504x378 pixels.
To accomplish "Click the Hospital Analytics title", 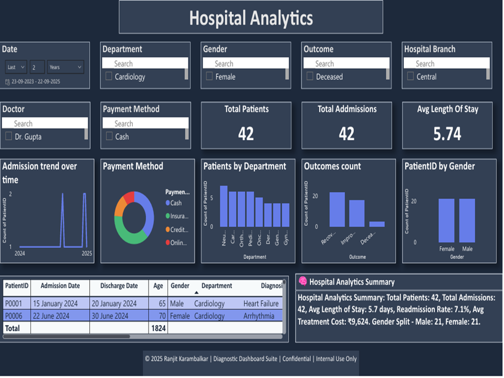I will (251, 18).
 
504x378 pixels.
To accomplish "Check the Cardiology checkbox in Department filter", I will (109, 77).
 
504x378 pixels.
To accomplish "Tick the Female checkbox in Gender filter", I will (209, 77).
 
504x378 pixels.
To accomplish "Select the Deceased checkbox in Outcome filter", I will (310, 77).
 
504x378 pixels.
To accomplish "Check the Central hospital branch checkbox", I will (411, 77).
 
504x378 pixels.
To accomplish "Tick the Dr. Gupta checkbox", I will (8, 136).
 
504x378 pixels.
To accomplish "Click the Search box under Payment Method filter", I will (145, 123).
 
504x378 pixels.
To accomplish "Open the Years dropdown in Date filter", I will (65, 67).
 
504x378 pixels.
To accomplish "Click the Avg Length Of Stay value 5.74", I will (447, 134).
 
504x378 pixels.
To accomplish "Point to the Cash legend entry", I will (175, 203).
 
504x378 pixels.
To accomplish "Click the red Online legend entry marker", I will (167, 243).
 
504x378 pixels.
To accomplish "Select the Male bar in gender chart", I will (467, 220).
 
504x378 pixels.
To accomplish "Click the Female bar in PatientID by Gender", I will (446, 220).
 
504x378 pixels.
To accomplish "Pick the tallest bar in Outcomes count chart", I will (337, 209).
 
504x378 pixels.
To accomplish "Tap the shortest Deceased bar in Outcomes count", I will (376, 224).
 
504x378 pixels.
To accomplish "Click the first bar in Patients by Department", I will (224, 206).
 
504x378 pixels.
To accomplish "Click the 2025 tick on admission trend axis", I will (87, 253).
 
